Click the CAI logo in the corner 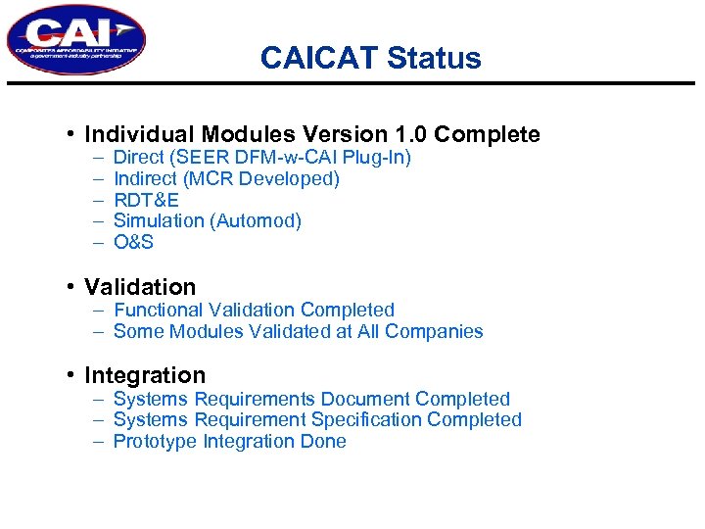[76, 40]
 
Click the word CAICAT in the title [319, 59]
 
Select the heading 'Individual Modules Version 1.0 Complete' [312, 134]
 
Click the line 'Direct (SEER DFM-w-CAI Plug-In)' [261, 158]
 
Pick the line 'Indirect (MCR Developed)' [226, 178]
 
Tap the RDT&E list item [146, 200]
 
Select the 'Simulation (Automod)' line [208, 221]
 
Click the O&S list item [134, 242]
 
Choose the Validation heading [140, 287]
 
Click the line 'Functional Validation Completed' [254, 311]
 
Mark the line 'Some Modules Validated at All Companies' [298, 331]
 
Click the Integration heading [145, 375]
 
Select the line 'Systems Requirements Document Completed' [311, 399]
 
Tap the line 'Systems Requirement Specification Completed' [317, 419]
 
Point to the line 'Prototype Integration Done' [229, 441]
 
